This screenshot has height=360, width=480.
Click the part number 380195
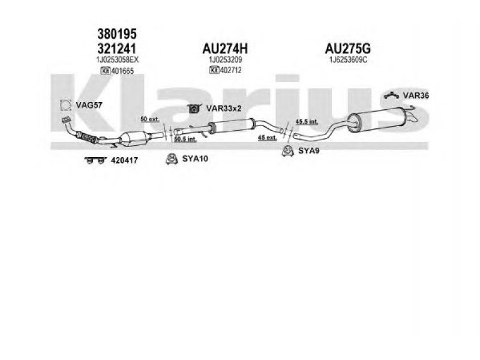click(x=117, y=34)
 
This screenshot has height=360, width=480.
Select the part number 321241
click(x=116, y=49)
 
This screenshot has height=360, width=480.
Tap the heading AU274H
click(x=225, y=49)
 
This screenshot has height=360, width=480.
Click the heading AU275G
click(x=348, y=49)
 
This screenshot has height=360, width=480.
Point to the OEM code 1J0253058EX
click(x=117, y=59)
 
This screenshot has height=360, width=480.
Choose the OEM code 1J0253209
click(x=226, y=59)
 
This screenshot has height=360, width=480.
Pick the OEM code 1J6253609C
click(x=348, y=59)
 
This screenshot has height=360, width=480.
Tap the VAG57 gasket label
click(x=89, y=106)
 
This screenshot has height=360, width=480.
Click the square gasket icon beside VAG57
click(x=65, y=106)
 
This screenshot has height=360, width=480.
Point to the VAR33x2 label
click(x=224, y=109)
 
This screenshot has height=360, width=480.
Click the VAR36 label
click(x=416, y=95)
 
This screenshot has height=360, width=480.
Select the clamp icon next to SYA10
click(x=172, y=158)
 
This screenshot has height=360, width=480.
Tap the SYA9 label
click(x=309, y=151)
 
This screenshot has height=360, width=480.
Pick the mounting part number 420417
click(x=124, y=160)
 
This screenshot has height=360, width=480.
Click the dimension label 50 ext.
click(x=149, y=119)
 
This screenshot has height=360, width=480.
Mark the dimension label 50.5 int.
click(x=185, y=139)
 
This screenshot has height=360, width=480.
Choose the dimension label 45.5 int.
click(x=307, y=122)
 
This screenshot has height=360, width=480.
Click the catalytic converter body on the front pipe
click(x=134, y=139)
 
